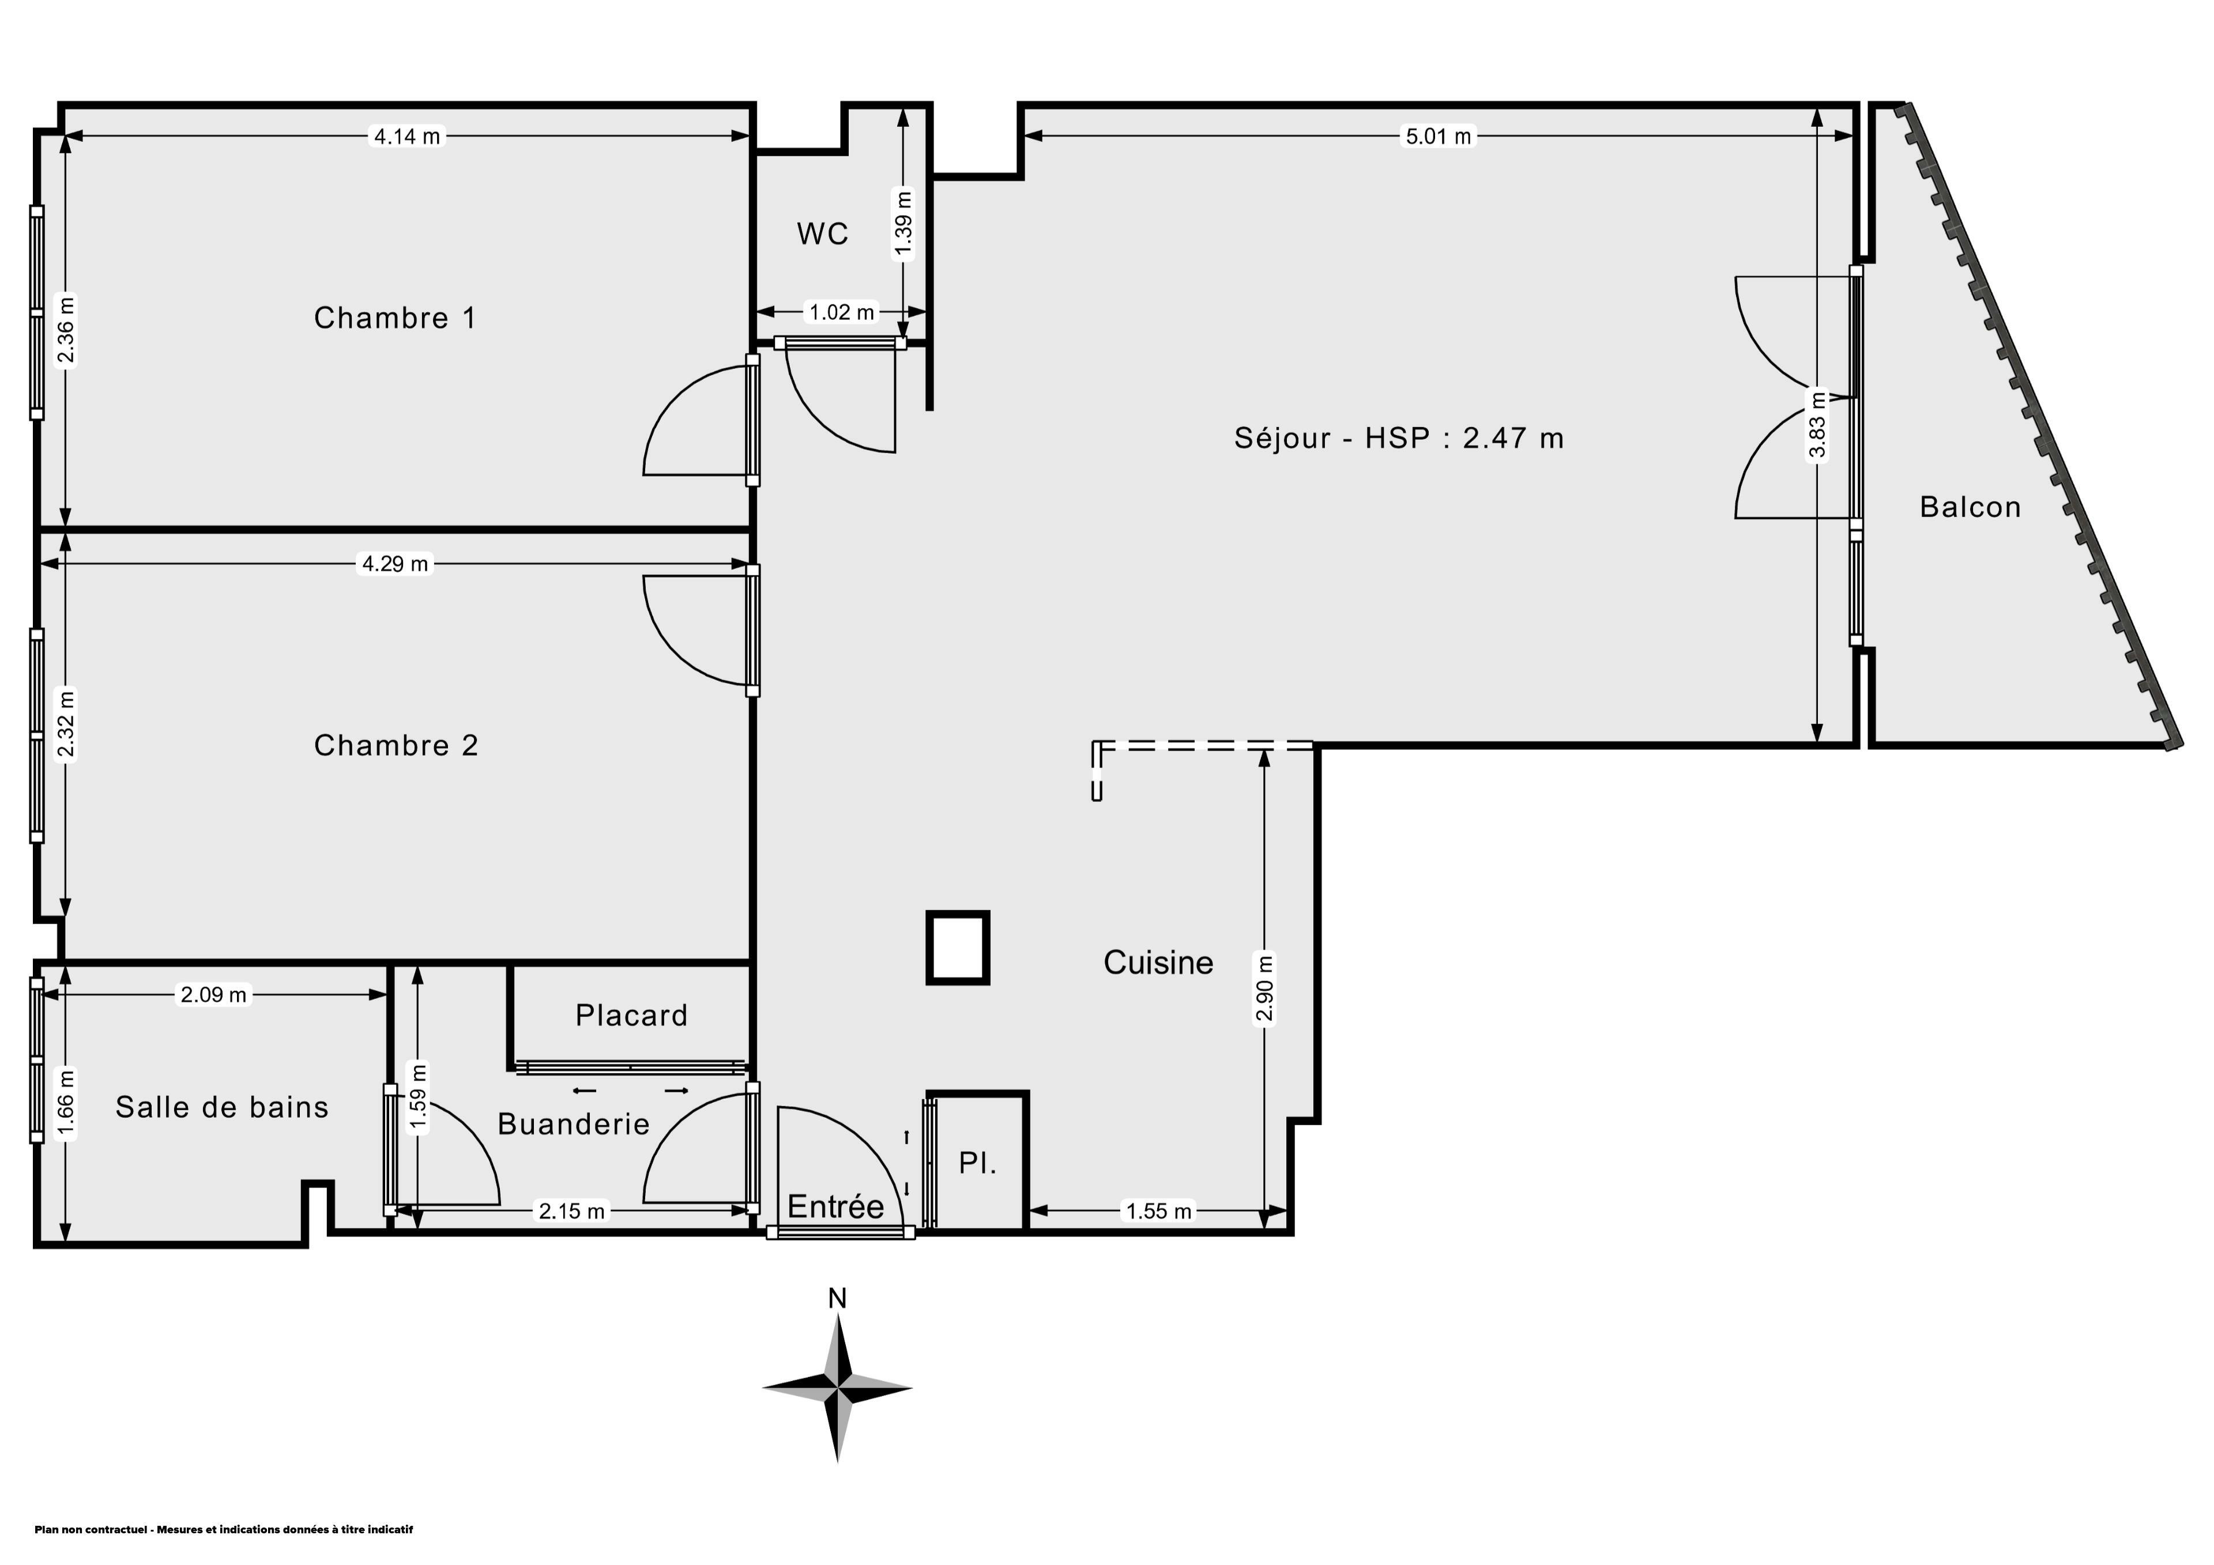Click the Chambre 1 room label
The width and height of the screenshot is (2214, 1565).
click(x=396, y=318)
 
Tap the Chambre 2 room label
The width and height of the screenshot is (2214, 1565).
click(x=396, y=745)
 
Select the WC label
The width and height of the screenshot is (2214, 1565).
click(x=823, y=233)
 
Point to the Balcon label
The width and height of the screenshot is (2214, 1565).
click(x=1970, y=507)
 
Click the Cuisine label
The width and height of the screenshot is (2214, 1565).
click(x=1158, y=962)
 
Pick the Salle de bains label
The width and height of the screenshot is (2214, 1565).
click(x=222, y=1107)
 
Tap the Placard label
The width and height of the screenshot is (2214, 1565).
click(x=631, y=1015)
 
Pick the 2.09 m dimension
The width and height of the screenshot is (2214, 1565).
click(x=213, y=994)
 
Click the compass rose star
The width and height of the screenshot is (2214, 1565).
click(x=837, y=1389)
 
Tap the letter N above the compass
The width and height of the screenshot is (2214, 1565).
click(x=837, y=1299)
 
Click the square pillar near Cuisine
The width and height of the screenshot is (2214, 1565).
click(x=958, y=948)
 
